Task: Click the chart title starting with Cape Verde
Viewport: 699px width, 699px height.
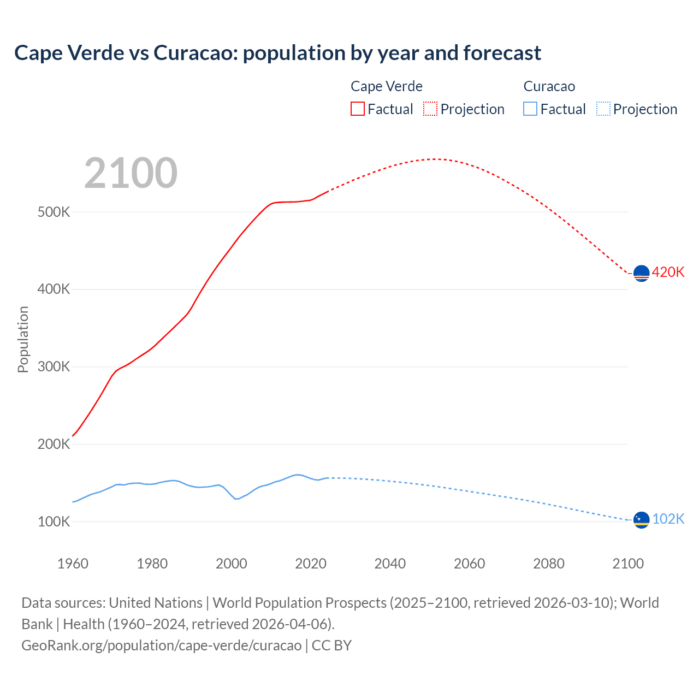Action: pos(277,53)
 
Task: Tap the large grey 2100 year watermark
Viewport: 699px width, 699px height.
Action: pos(131,173)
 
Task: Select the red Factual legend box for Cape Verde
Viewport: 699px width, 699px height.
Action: pos(357,109)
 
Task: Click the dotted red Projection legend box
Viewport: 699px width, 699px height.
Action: pos(430,109)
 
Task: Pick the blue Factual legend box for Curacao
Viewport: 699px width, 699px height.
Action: pos(530,109)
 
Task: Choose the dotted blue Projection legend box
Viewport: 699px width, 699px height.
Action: pos(603,109)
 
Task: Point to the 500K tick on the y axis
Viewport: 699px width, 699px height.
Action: pos(54,212)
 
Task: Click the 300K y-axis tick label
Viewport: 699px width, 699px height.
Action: pos(54,366)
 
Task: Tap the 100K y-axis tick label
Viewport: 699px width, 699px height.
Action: pos(54,522)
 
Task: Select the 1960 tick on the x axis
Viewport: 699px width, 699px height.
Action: pos(73,564)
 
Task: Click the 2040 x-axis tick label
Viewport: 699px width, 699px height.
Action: pos(390,564)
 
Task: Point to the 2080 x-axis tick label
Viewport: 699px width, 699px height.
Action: pos(548,564)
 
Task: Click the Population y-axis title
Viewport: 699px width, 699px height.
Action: pos(23,339)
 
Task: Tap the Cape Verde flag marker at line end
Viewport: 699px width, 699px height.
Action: pos(641,273)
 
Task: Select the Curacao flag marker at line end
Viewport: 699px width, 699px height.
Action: pos(641,520)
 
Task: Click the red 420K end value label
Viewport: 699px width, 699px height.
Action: pos(668,272)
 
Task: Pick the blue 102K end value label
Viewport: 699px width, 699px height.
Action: pos(668,519)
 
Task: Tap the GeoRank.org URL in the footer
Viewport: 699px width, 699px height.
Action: pos(162,645)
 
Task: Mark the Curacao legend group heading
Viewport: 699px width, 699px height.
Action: pos(549,86)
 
